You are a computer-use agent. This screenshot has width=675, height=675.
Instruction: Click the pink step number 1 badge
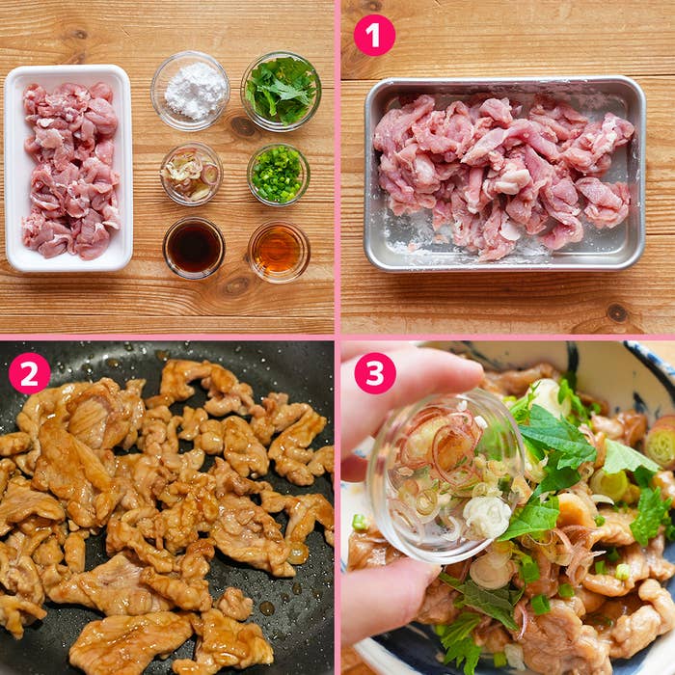click(x=374, y=36)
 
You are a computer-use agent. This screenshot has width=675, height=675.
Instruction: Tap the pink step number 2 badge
click(x=29, y=373)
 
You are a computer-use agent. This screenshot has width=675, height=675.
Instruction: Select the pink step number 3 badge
click(x=374, y=373)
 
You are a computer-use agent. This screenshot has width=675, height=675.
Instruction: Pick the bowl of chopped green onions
click(x=278, y=175)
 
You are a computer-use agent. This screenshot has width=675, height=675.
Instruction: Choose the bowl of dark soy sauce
click(x=194, y=248)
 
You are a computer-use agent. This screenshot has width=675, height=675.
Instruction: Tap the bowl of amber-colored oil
click(x=278, y=251)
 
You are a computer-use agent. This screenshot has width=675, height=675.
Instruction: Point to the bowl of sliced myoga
click(x=191, y=175)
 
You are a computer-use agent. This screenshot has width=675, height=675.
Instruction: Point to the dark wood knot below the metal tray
click(x=617, y=312)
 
